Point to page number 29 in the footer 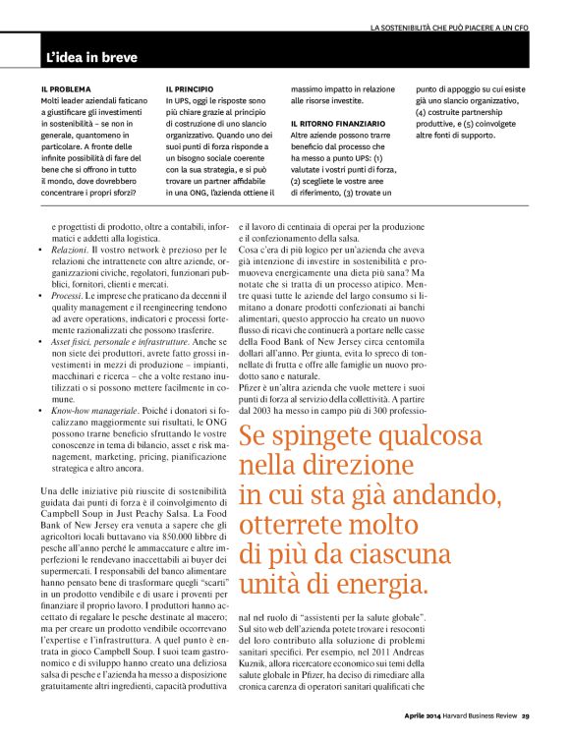pyautogui.click(x=526, y=715)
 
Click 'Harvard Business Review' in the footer pyautogui.click(x=480, y=715)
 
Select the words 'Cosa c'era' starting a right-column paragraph pyautogui.click(x=259, y=251)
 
